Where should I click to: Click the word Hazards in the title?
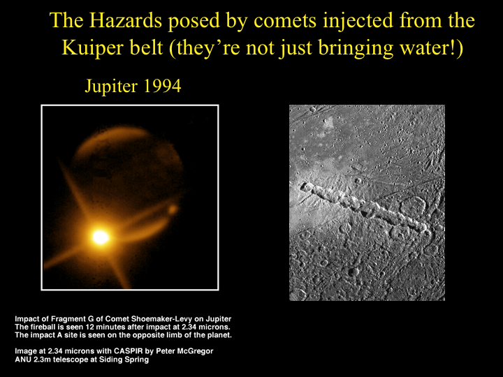point(126,20)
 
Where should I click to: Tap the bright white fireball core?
point(101,237)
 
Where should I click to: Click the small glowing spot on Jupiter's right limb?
point(173,209)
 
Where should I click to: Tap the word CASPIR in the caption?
point(126,351)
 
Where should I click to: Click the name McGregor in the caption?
point(196,351)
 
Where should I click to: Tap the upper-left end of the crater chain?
point(303,186)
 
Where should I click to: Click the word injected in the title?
point(358,21)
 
